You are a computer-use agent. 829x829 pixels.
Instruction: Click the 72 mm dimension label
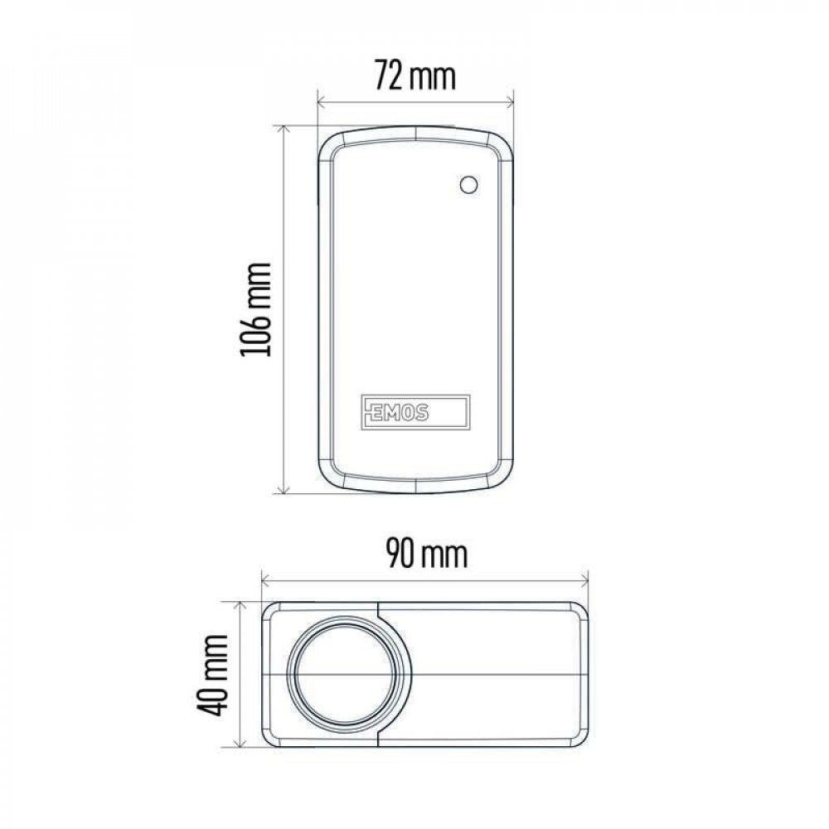click(x=415, y=75)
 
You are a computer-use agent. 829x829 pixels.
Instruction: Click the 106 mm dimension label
click(x=256, y=309)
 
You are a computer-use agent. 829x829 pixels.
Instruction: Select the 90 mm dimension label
click(x=427, y=553)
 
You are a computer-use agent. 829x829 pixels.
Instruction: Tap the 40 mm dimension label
click(x=212, y=675)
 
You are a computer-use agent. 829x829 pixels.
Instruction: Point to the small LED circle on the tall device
click(x=469, y=185)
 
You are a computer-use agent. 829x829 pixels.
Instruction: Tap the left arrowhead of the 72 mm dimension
click(x=321, y=99)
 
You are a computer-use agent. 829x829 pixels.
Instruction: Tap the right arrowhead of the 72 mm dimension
click(x=510, y=99)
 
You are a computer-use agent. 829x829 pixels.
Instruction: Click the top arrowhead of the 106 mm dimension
click(x=284, y=129)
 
